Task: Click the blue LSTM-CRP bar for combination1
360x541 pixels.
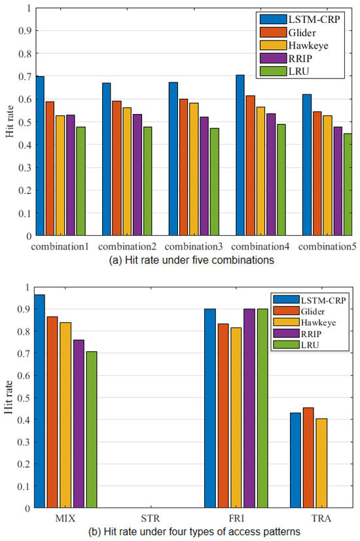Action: (x=40, y=156)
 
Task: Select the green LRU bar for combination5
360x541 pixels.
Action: (x=347, y=185)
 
